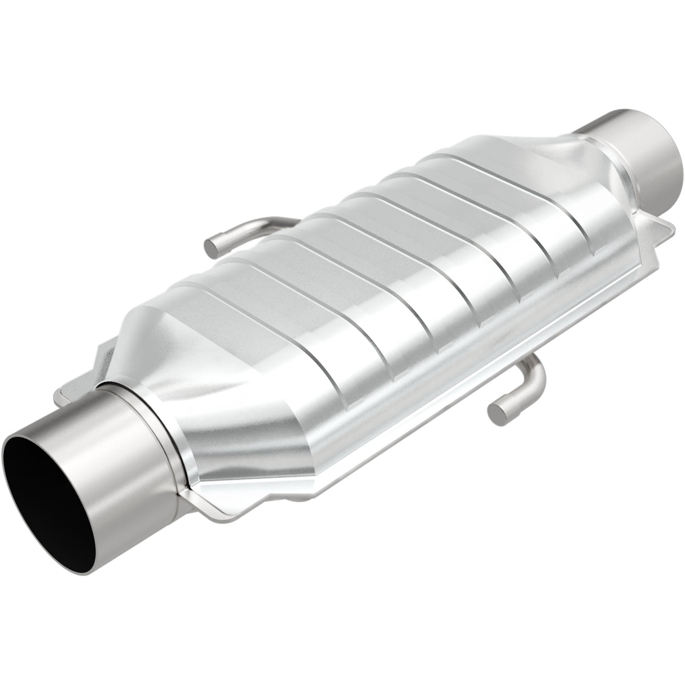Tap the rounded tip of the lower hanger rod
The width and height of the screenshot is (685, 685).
click(x=497, y=411)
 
